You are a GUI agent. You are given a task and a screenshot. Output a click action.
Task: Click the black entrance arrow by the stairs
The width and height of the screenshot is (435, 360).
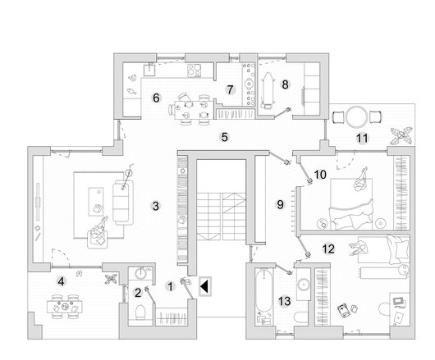pyautogui.click(x=204, y=286)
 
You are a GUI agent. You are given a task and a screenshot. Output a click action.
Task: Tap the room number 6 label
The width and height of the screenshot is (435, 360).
pyautogui.click(x=156, y=98)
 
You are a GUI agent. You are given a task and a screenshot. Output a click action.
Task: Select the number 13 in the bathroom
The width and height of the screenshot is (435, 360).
pyautogui.click(x=285, y=301)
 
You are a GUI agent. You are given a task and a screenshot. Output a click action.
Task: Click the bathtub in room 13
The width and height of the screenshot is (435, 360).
pyautogui.click(x=263, y=291)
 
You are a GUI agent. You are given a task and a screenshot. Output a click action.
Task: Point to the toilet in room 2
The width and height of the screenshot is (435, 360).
pyautogui.click(x=140, y=312)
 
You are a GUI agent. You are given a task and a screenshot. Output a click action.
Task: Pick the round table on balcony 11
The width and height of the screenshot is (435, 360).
pyautogui.click(x=356, y=116)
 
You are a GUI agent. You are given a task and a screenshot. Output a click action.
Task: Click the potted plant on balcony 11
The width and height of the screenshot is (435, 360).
pyautogui.click(x=401, y=136)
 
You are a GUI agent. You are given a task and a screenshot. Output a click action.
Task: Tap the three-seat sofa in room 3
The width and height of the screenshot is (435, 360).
pyautogui.click(x=122, y=203)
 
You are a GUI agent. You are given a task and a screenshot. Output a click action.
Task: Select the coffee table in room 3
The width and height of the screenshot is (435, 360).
pyautogui.click(x=96, y=202)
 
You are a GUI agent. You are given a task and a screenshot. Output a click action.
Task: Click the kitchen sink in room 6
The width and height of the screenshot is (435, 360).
pyautogui.click(x=150, y=70)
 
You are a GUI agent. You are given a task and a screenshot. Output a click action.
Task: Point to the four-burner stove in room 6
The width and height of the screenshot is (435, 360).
pyautogui.click(x=194, y=71)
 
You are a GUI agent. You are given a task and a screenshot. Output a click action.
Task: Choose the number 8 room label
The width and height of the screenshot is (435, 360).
pyautogui.click(x=285, y=84)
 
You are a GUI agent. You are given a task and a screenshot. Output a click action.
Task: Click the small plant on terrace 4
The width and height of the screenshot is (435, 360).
pyautogui.click(x=112, y=279)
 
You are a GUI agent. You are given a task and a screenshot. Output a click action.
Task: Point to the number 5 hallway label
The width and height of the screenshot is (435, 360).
pyautogui.click(x=224, y=137)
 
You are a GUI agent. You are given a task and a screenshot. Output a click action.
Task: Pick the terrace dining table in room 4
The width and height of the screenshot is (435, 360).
pyautogui.click(x=65, y=307)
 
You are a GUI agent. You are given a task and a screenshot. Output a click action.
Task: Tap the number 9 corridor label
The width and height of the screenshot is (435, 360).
pyautogui.click(x=280, y=204)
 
